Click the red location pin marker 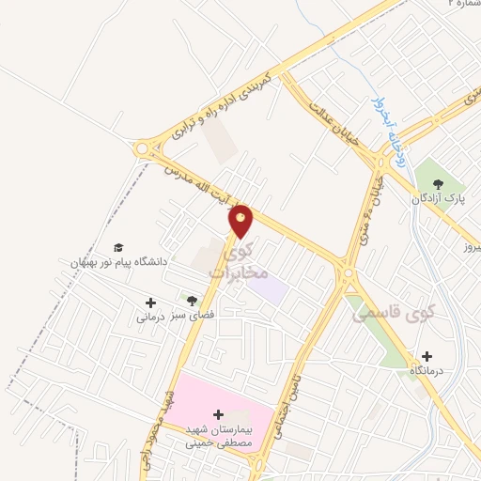[x=241, y=220]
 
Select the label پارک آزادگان [x=436, y=199]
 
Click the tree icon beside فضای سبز [x=193, y=302]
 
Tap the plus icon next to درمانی [x=150, y=303]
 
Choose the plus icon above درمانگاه [x=427, y=356]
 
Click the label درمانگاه [x=427, y=373]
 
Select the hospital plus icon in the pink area [x=218, y=413]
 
